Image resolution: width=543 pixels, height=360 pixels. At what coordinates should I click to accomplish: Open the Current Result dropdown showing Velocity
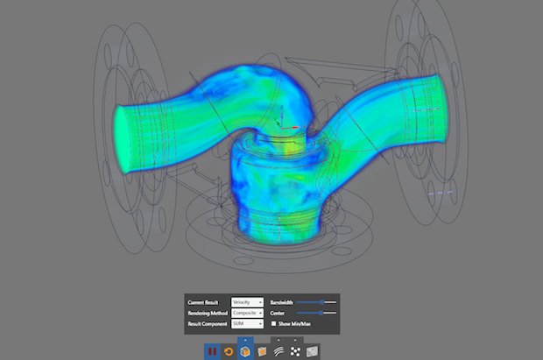pos(247,301)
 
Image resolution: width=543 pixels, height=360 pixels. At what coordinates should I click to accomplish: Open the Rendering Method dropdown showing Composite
pos(247,313)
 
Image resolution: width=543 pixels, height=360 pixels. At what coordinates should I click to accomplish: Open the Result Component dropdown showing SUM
pos(247,324)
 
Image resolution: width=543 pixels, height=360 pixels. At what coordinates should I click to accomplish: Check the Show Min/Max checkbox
pos(274,324)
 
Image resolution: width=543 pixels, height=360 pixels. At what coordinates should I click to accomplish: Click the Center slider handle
pos(321,313)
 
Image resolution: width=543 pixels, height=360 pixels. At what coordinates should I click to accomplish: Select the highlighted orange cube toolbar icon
pos(245,351)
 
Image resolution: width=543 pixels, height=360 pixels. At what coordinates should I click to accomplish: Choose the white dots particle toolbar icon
pos(295,351)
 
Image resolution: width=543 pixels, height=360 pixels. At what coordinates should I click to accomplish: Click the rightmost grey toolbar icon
pos(312,351)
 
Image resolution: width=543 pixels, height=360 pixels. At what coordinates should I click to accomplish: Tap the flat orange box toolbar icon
pos(262,351)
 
